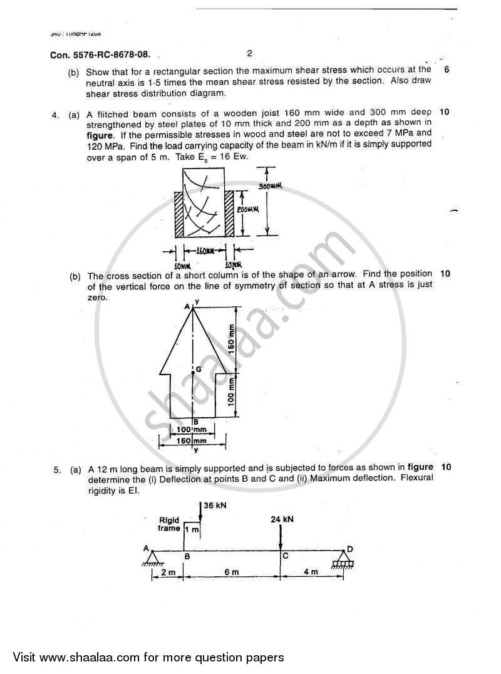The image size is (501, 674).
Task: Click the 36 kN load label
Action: pos(215,505)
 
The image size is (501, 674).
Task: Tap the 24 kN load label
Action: pos(282,519)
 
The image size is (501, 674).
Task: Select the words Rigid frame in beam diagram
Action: pos(169,524)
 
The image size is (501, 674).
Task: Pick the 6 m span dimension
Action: pos(232,572)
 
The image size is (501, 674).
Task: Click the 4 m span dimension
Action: pos(311,572)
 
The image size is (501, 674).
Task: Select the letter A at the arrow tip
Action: pos(187,306)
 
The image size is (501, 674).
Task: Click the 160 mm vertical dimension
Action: pos(231,339)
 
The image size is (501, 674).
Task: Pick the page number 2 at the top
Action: pos(249,53)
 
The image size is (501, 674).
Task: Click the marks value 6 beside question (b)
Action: pos(446,70)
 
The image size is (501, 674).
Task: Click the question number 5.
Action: pos(56,467)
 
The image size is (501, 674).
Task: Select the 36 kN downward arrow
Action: pos(199,511)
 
